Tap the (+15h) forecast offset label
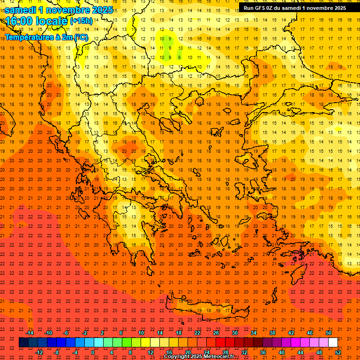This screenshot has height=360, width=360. coord(81,21)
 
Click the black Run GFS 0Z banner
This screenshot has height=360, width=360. coord(294,7)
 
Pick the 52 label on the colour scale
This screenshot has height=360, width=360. coord(338,352)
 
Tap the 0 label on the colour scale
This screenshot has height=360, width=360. coord(93,352)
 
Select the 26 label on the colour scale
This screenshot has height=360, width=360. coord(216,333)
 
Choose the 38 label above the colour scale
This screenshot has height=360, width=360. coord(272,333)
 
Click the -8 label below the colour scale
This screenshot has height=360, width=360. coord(56,352)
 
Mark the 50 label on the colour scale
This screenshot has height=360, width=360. coord(328,333)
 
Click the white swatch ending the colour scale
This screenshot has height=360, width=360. coord(333,342)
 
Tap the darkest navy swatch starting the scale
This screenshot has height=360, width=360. coord(23,342)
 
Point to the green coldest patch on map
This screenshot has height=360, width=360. coord(167,43)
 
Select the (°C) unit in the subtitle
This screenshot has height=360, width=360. coord(80,37)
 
